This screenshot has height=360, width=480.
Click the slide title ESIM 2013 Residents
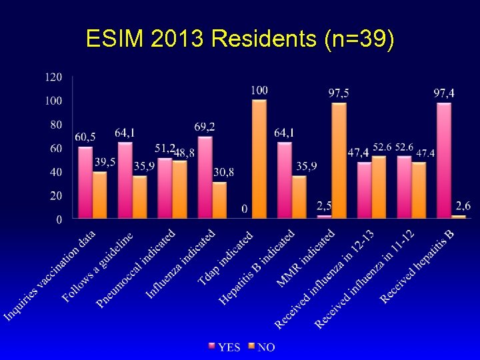pos(240,40)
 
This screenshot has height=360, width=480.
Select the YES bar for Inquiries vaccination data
pos(85,182)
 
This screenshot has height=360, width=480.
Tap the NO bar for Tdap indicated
pos(259,159)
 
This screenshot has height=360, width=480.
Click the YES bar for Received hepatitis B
pos(443,160)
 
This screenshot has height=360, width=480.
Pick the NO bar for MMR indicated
pos(339,160)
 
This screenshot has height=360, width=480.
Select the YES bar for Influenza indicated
pos(205,177)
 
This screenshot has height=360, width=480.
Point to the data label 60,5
pos(85,137)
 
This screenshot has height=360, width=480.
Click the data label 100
pos(259,90)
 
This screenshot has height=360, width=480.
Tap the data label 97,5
pos(339,93)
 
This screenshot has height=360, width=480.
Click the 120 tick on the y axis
pos(53,77)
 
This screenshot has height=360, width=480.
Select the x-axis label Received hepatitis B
pos(417,267)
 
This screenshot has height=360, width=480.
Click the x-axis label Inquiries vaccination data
pos(51,275)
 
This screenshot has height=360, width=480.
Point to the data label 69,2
pos(205,126)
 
